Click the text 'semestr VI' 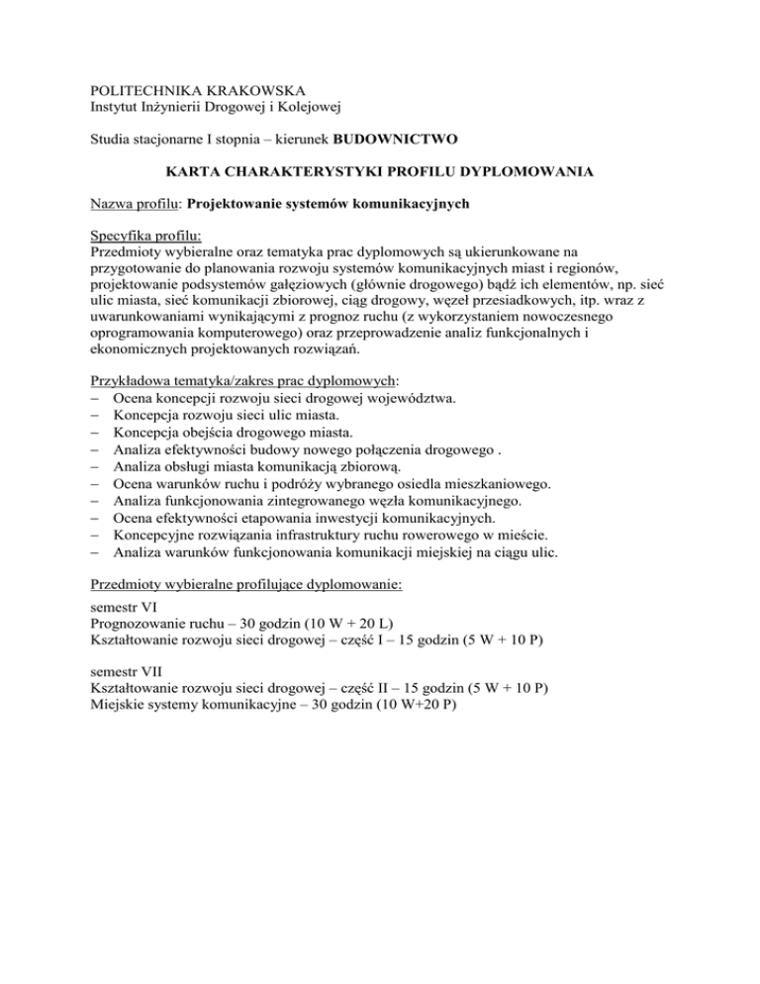[125, 608]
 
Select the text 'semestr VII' [128, 668]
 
